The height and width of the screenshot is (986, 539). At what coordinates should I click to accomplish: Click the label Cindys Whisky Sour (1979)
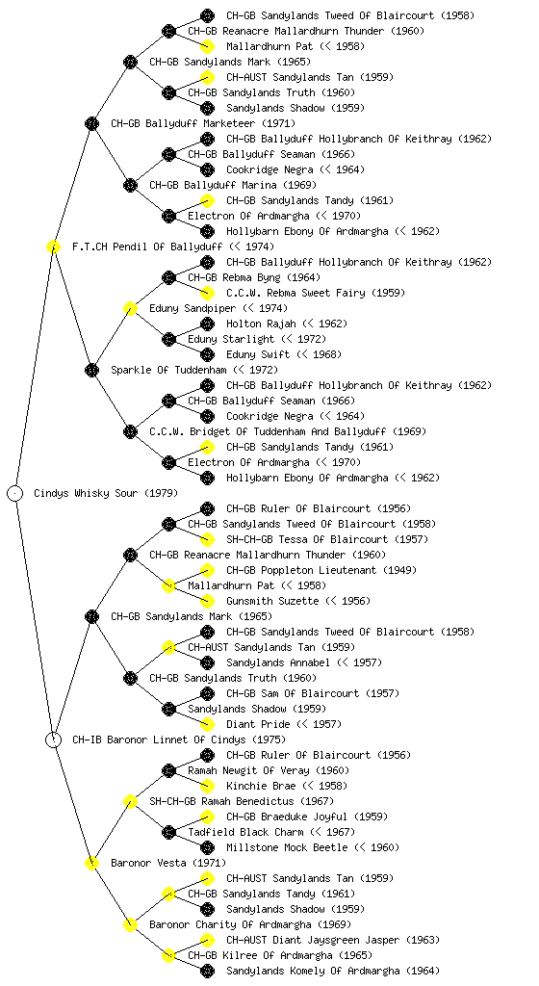point(106,493)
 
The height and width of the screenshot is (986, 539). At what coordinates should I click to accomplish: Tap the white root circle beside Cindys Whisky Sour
point(15,493)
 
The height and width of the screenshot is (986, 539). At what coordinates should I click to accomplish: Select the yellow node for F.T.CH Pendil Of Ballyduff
point(53,246)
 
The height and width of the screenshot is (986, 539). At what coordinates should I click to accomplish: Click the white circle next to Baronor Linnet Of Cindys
point(53,739)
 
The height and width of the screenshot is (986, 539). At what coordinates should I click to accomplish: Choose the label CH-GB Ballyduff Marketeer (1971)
point(203,123)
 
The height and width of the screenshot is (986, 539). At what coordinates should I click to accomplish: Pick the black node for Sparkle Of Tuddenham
point(91,370)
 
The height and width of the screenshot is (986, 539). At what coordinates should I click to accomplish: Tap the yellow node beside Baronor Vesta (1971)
point(91,863)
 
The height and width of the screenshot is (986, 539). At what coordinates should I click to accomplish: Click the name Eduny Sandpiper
point(192,308)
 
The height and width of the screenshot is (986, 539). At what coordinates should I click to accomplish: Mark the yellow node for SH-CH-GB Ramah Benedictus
point(130,801)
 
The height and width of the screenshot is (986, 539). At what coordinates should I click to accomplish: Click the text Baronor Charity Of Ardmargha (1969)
point(250,924)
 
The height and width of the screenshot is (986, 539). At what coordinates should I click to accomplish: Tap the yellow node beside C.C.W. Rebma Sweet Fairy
point(207,293)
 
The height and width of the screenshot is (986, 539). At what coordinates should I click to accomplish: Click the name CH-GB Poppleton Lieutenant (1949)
point(321,570)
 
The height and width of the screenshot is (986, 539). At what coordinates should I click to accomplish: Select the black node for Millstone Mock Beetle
point(207,847)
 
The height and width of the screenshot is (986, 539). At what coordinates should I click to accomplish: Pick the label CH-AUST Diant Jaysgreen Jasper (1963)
point(333,940)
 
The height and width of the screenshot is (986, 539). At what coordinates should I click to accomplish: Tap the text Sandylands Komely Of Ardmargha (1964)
point(333,971)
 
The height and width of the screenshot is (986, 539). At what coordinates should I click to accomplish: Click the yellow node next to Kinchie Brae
point(207,786)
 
